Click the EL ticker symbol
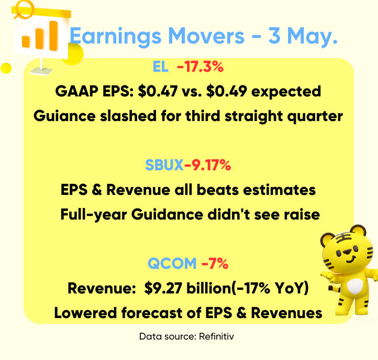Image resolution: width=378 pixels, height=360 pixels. click(x=161, y=67)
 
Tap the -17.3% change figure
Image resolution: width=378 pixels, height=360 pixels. click(x=201, y=67)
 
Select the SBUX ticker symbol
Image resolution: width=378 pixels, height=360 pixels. click(x=164, y=165)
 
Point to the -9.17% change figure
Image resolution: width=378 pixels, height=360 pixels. click(x=207, y=165)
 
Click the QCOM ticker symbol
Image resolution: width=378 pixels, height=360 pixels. click(x=172, y=263)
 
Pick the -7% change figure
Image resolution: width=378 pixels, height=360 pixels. click(x=215, y=263)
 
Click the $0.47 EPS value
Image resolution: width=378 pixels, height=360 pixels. click(x=158, y=92)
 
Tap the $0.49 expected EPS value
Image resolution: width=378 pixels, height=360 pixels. click(x=227, y=92)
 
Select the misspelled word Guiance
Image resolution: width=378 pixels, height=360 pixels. click(x=64, y=116)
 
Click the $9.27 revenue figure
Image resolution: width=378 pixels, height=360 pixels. click(x=163, y=288)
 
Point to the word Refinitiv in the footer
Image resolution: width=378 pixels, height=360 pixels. click(x=216, y=336)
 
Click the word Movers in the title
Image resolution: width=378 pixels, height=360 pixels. click(x=206, y=36)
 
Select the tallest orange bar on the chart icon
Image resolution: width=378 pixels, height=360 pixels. click(x=53, y=36)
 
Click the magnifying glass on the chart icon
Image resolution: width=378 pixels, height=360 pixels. click(x=24, y=9)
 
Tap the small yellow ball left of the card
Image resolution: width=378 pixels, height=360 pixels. click(x=6, y=68)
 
